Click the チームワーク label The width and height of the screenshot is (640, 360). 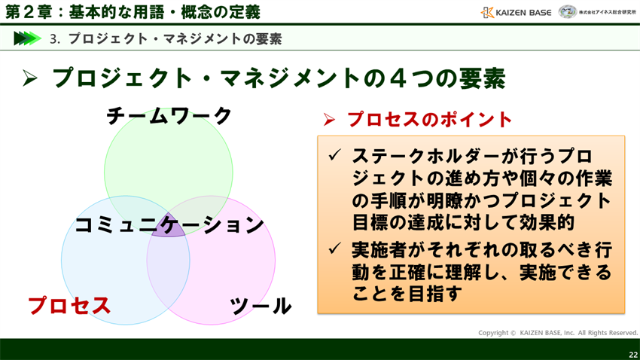coord(169,115)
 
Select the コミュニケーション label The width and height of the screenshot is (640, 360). coord(169,224)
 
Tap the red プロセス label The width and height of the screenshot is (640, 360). coord(69,305)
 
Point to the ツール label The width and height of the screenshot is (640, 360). coord(260,305)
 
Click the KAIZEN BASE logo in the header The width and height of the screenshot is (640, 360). coord(516,12)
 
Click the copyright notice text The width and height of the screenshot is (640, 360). coord(557,332)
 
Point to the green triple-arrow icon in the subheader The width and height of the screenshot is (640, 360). coord(26,38)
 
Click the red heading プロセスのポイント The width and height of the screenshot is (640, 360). coord(429,119)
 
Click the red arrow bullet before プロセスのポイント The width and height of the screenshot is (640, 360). coord(328,120)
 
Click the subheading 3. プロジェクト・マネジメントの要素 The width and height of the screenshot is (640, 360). coord(166,38)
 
